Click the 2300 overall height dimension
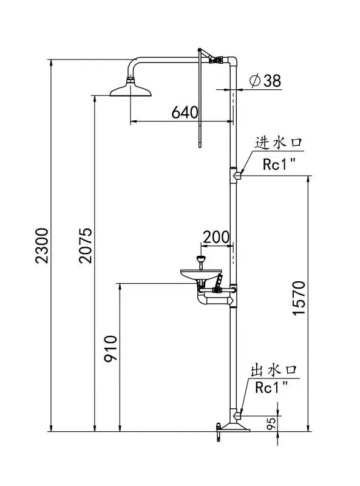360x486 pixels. click(x=42, y=245)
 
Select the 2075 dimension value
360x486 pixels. click(x=85, y=245)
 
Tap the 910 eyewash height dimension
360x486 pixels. click(x=110, y=348)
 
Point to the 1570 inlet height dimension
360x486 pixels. click(x=299, y=298)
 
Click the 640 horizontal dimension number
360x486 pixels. click(x=185, y=112)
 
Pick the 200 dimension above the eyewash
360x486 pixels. click(x=216, y=238)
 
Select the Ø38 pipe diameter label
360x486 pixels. click(x=265, y=81)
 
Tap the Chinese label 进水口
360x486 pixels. click(x=278, y=143)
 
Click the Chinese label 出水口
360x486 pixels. click(x=274, y=370)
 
